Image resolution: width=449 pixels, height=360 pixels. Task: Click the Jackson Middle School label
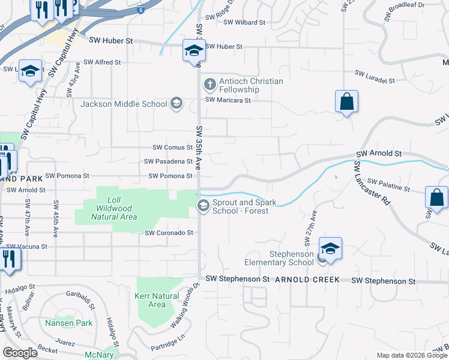124,104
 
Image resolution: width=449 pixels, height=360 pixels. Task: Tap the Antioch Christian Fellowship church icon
209,83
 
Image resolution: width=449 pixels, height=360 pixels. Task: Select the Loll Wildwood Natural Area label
114,209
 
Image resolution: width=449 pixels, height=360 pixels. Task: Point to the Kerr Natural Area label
157,300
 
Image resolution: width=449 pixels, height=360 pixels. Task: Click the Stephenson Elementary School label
279,258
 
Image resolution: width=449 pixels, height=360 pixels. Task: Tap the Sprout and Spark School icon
203,207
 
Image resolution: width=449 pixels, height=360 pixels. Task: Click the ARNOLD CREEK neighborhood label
307,280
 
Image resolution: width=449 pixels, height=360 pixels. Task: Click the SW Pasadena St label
168,161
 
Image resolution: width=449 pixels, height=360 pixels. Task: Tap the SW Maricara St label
228,100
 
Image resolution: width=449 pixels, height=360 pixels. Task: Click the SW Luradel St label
375,77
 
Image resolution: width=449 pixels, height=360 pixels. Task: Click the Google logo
20,353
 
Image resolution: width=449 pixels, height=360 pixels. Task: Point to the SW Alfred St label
102,62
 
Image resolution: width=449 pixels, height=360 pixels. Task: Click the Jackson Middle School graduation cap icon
176,104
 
